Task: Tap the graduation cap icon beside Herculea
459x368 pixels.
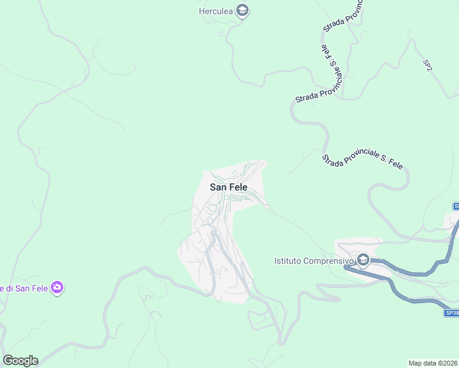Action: [x=242, y=10]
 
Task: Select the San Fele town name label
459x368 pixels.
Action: [x=228, y=188]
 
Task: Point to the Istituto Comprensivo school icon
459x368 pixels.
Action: [x=363, y=261]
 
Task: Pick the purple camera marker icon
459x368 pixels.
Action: [x=57, y=287]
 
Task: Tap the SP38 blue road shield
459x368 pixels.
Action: [x=452, y=313]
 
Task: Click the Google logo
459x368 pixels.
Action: [x=20, y=361]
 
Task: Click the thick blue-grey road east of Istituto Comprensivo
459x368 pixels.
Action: [x=423, y=270]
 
